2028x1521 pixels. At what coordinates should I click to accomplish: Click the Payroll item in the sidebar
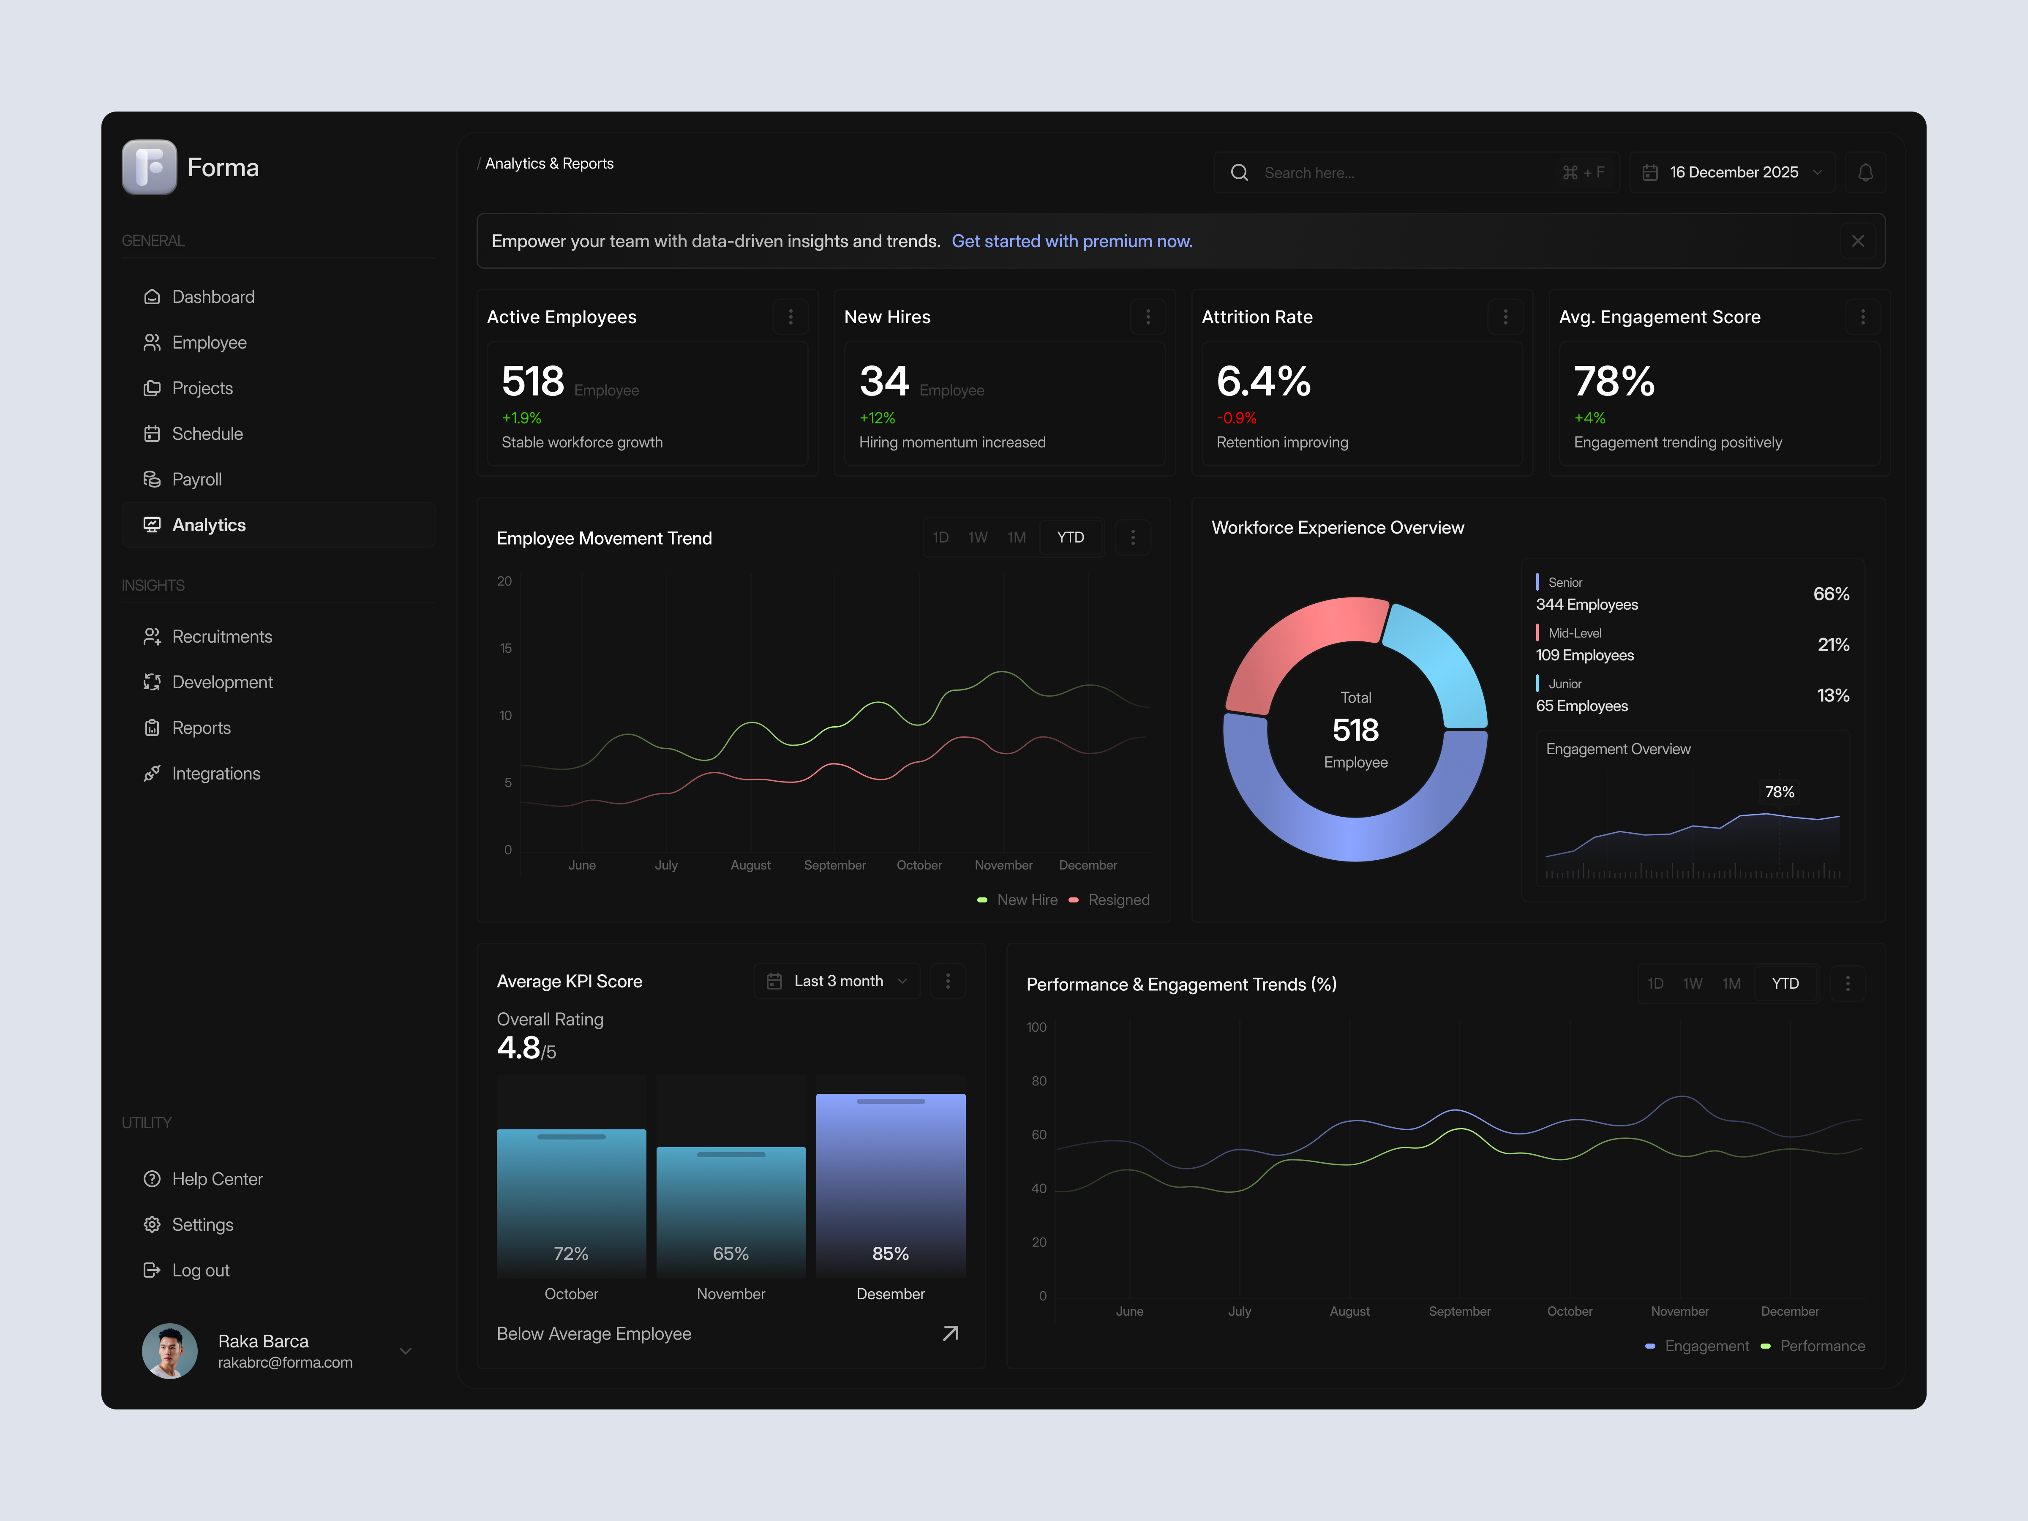196,480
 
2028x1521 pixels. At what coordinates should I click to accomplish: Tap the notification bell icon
1865,172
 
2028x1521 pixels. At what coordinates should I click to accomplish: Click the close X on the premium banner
1857,241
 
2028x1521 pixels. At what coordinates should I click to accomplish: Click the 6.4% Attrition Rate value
1263,382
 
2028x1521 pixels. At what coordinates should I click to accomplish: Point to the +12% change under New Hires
877,418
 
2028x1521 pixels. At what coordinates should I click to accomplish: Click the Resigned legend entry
1118,900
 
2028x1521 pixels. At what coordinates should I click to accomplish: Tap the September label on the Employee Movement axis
834,865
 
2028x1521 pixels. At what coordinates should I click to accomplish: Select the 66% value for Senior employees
1831,594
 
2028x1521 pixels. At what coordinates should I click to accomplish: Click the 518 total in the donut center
1355,731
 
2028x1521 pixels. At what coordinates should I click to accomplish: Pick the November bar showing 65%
731,1210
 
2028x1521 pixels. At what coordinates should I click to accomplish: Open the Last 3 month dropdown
837,981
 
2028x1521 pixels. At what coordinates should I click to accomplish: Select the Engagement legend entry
1705,1346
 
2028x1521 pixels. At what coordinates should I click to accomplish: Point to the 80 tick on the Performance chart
1039,1081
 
